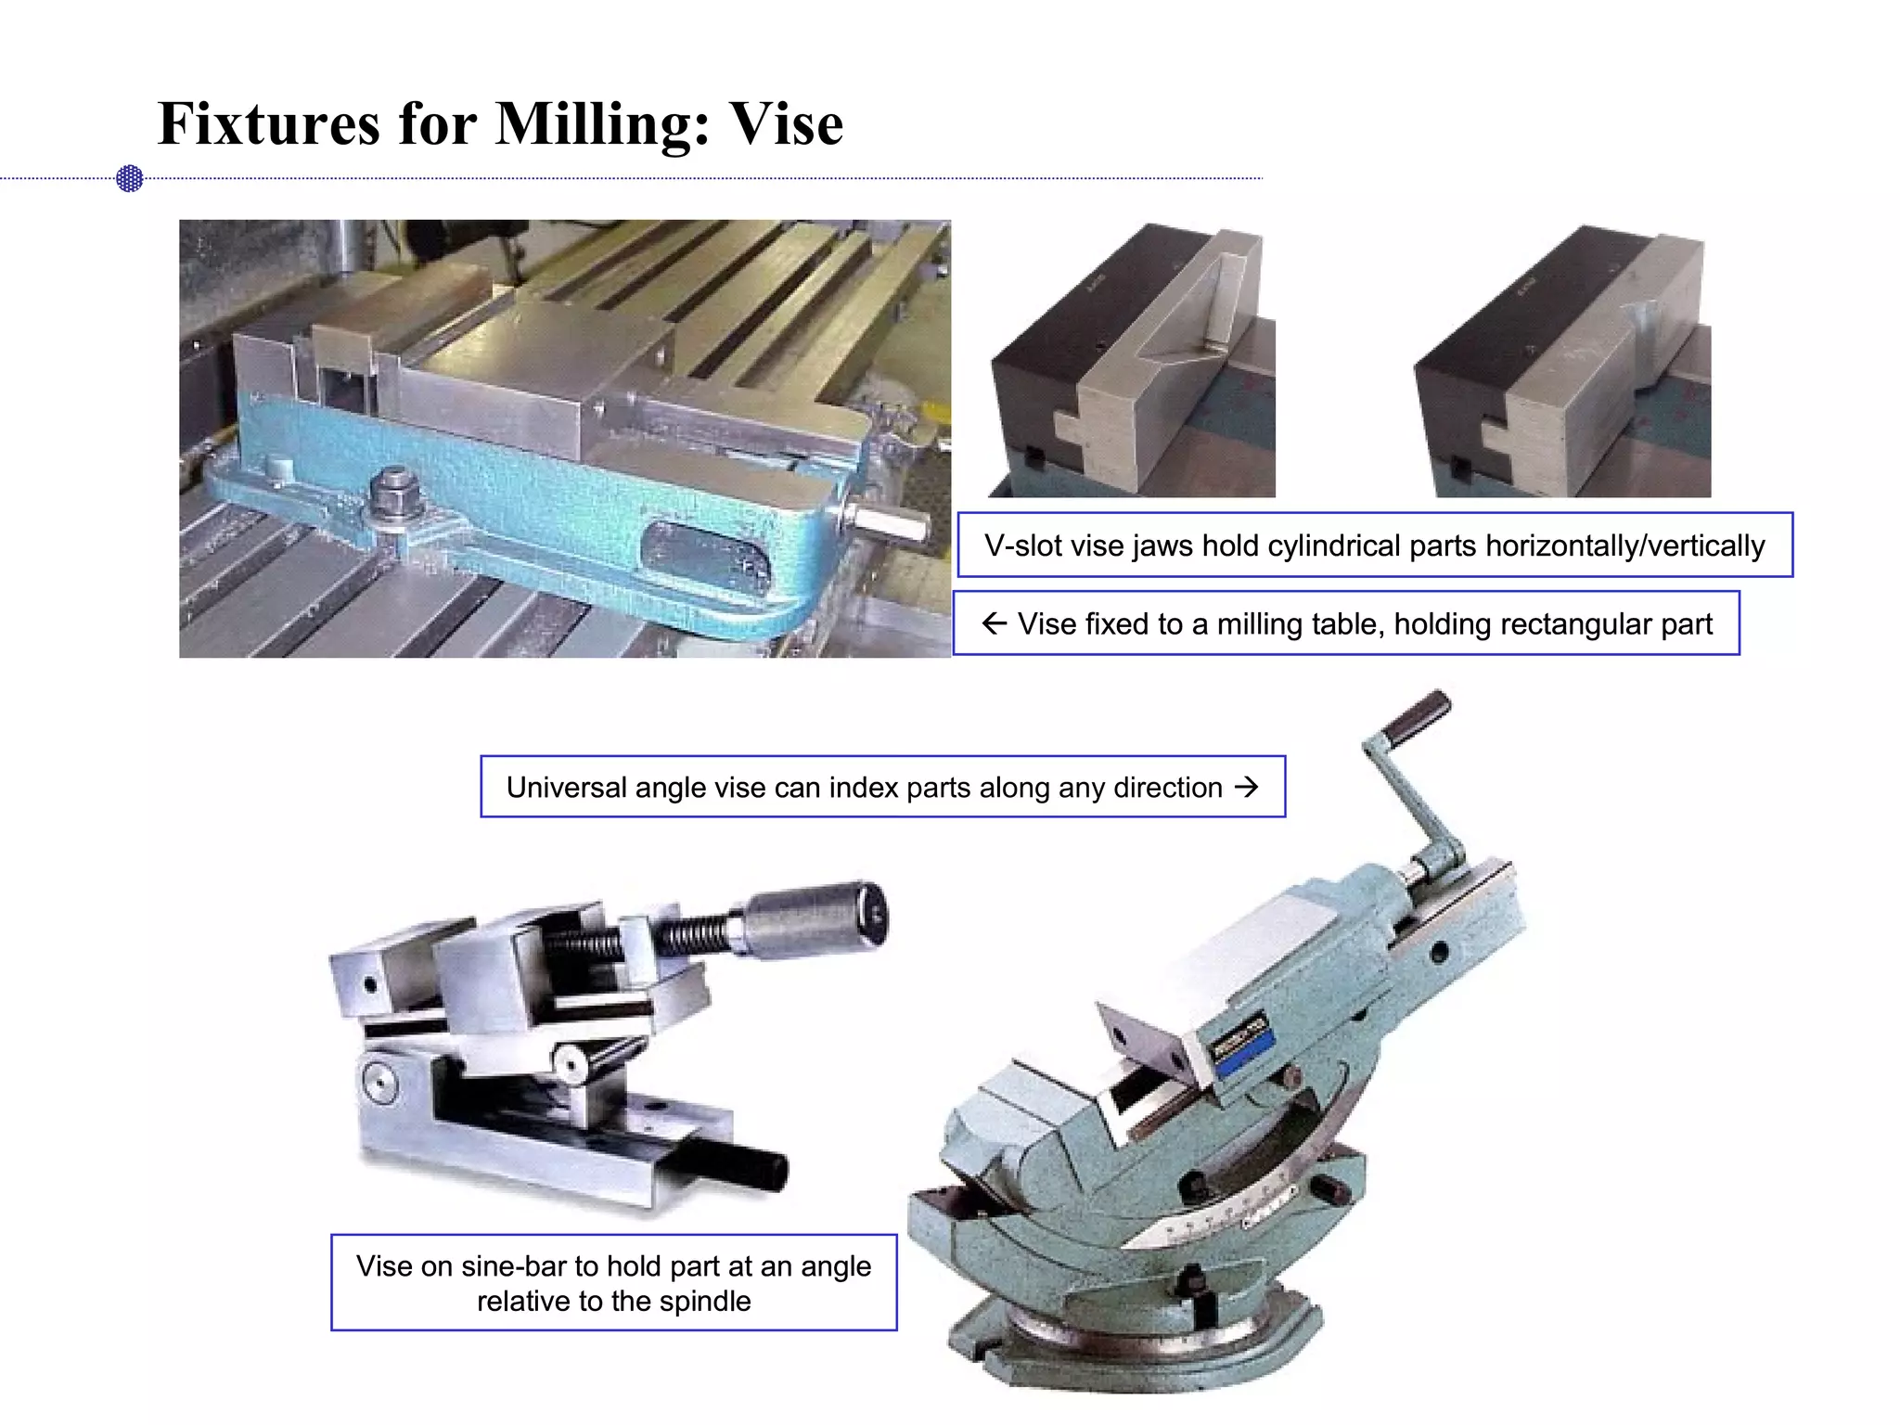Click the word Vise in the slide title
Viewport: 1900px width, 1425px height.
click(786, 124)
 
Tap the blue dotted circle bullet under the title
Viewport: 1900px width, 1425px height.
click(130, 178)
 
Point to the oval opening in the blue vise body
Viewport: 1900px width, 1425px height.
click(706, 556)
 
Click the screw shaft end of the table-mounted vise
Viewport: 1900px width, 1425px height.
click(895, 524)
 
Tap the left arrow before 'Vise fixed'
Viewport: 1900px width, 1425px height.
click(994, 623)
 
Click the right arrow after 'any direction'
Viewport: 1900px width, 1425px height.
click(1247, 787)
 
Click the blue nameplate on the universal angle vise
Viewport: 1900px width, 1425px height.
click(1242, 1046)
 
